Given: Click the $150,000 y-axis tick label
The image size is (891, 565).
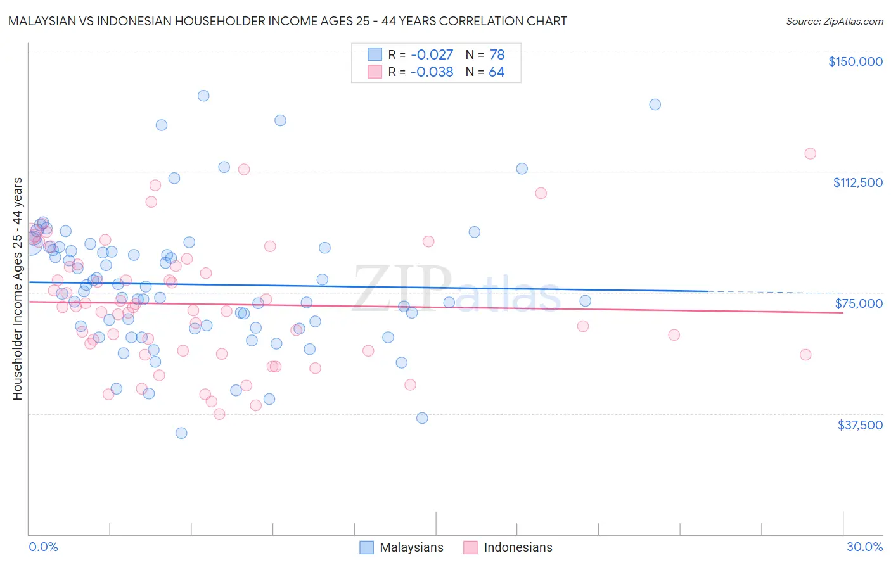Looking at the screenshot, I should point(855,61).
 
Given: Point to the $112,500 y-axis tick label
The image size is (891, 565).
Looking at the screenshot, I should point(857,182).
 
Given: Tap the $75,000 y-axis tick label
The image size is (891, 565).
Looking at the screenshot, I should point(859,303).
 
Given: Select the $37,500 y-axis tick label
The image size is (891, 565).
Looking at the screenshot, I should point(860,425).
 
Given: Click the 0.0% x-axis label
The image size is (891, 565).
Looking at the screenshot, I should point(43,547).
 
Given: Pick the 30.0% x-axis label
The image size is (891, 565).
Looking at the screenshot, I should point(864,547).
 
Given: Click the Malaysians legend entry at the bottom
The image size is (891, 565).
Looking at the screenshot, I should point(402,547).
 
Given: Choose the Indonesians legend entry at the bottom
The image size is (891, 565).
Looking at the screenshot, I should point(508,547).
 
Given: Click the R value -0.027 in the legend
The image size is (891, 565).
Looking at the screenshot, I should point(432,55).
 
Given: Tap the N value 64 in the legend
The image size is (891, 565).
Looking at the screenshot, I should point(496,72).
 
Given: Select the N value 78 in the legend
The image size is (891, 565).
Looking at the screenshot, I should point(497,55).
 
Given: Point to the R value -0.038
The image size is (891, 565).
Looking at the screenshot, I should point(432,72).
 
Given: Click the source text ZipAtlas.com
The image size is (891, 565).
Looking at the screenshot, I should point(834,22).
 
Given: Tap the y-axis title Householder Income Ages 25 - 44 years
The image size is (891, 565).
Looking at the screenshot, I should point(17,288).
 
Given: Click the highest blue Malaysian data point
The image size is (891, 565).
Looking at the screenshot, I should point(203,96).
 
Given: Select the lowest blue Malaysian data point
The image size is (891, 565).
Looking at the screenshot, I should point(181,433).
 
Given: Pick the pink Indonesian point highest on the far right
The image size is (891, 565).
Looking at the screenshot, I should point(810,153).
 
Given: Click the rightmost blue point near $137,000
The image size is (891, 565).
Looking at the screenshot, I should point(655,105).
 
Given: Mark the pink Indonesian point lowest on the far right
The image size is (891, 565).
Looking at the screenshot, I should point(805,355).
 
